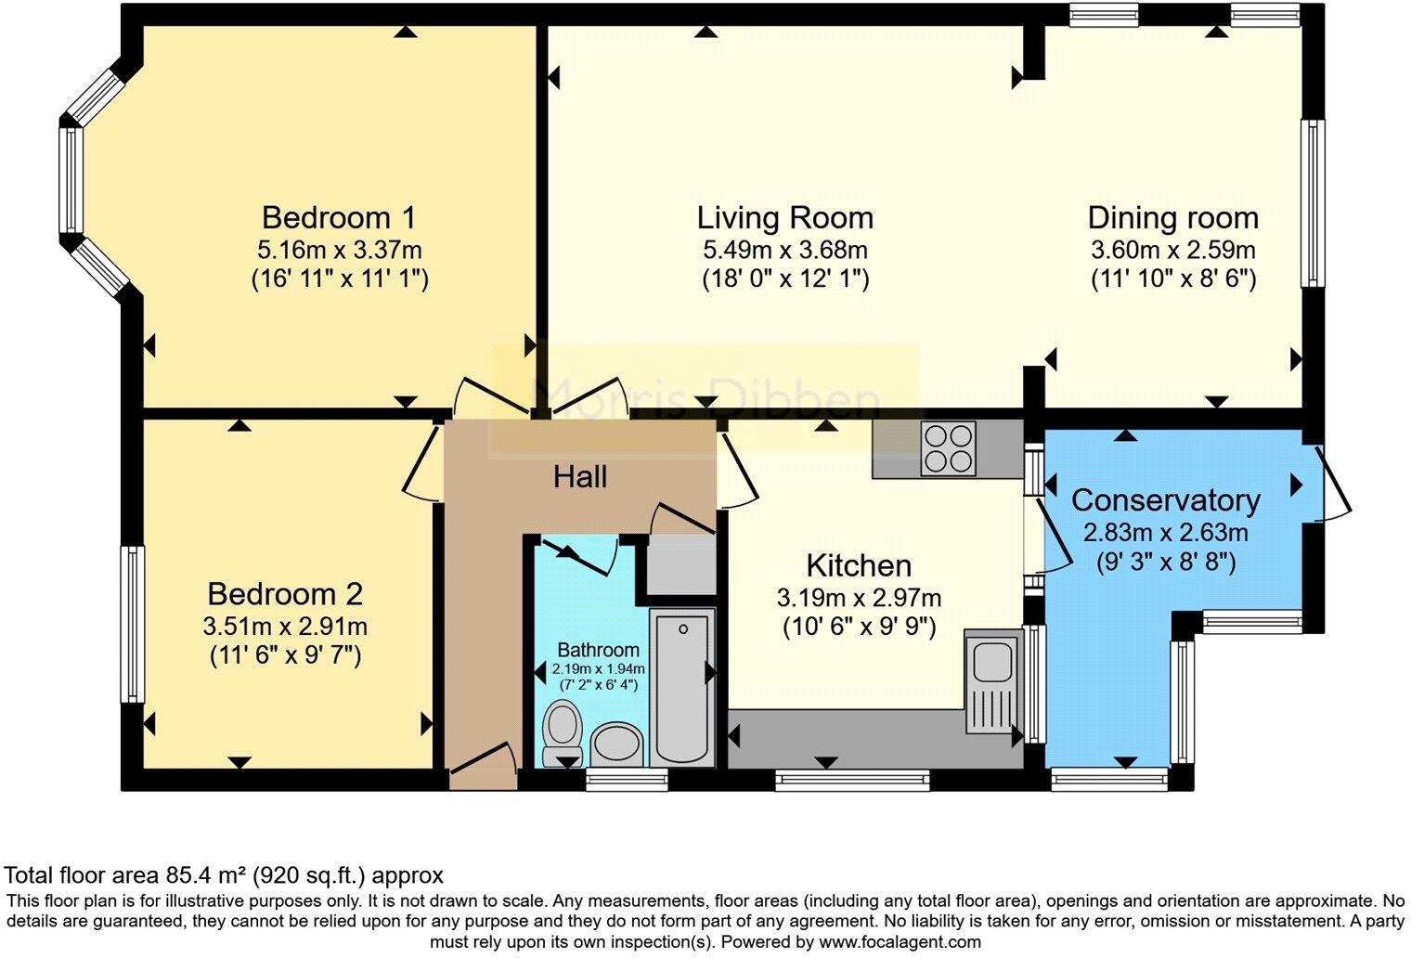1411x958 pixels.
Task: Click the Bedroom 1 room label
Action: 339,218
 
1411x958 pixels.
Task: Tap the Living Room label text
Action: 785,218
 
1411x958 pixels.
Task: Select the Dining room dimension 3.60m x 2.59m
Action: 1173,250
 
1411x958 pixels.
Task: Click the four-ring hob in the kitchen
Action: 948,447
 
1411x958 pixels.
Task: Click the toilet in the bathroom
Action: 563,733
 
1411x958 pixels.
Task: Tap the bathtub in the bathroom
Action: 682,687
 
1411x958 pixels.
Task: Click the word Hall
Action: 580,477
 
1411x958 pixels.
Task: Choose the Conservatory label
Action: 1166,500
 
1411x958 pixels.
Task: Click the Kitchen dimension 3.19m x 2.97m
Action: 860,598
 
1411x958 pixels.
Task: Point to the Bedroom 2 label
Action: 285,594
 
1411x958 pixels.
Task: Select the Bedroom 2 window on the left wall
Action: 132,624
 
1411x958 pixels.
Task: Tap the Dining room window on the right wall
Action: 1313,202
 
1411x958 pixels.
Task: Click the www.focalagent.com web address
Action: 900,942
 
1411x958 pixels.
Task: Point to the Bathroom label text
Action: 599,650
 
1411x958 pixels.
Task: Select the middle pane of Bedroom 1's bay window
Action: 71,180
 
